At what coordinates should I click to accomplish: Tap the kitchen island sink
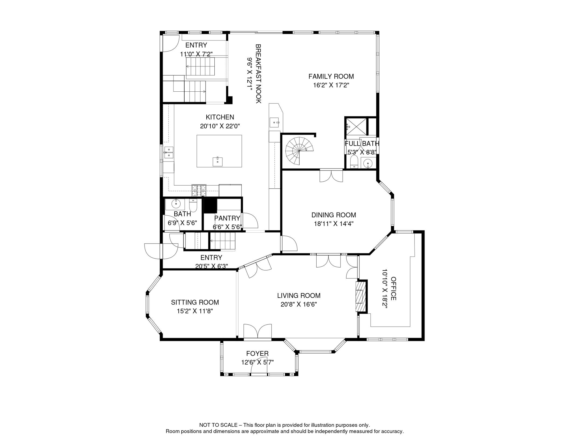218,162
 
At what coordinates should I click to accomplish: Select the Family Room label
331,76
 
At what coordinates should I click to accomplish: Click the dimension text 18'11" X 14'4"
333,224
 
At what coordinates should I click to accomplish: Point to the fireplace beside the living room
361,296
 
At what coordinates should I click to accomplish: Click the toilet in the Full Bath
354,162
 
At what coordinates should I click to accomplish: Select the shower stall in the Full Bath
355,126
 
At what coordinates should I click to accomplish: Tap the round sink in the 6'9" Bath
176,204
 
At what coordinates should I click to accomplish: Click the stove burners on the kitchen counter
199,188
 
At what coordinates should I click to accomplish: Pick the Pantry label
227,218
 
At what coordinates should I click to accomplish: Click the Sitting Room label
195,302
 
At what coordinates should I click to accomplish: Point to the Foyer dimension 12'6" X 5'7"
257,362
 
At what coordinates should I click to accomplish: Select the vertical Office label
394,288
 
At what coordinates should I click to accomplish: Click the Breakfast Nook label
258,74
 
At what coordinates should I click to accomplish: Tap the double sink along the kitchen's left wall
169,152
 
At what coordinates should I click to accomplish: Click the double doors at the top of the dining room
331,176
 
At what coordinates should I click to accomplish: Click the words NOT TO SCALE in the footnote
218,425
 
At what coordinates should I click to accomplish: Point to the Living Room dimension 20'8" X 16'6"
299,305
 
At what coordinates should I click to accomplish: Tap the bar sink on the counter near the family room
274,123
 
